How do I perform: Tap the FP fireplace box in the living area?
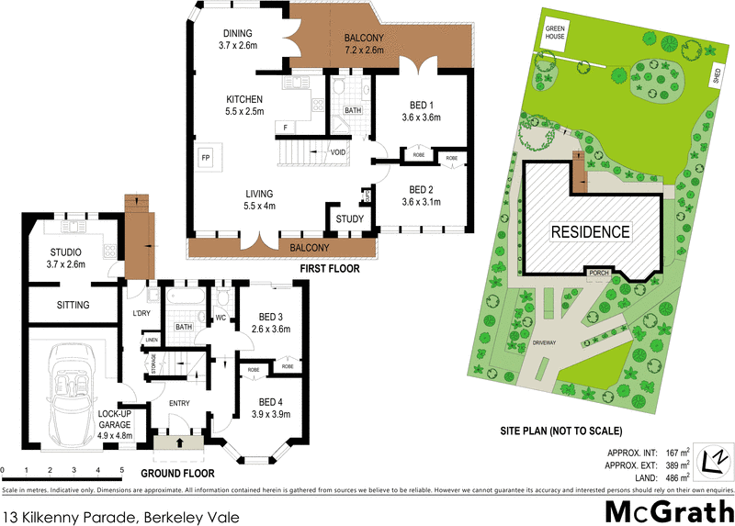pyautogui.click(x=205, y=156)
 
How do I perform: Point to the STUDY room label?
pyautogui.click(x=349, y=219)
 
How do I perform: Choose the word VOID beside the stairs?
pyautogui.click(x=338, y=152)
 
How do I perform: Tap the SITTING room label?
pyautogui.click(x=73, y=305)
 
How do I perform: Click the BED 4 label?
pyautogui.click(x=270, y=402)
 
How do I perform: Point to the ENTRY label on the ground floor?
pyautogui.click(x=179, y=403)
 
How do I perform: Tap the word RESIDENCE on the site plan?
pyautogui.click(x=591, y=232)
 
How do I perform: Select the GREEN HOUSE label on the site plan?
pyautogui.click(x=554, y=33)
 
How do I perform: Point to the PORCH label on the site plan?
pyautogui.click(x=601, y=273)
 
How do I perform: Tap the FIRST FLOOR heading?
pyautogui.click(x=330, y=270)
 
